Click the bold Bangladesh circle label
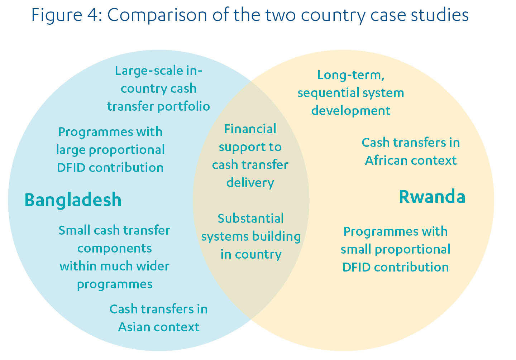(73, 200)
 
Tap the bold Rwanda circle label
(432, 197)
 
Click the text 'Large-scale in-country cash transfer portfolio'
(158, 88)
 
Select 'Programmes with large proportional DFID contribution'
(110, 150)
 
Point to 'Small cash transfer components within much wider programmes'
(114, 257)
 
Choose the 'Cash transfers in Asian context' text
(158, 318)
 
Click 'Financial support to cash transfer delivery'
(250, 156)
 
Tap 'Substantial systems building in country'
(251, 236)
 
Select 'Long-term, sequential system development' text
(351, 93)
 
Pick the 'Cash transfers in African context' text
(411, 152)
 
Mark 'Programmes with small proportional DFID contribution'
(396, 249)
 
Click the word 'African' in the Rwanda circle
(386, 160)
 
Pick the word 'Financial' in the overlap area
(250, 129)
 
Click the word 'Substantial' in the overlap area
(251, 219)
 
